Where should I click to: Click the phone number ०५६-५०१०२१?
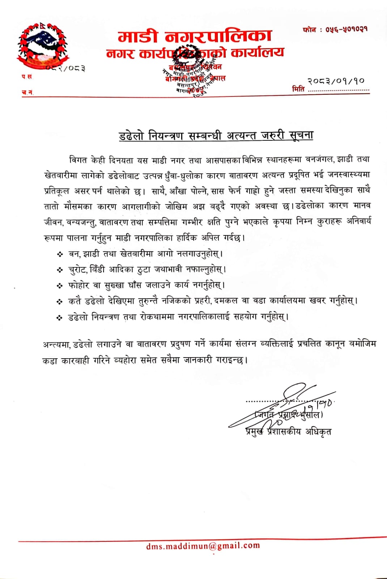346,29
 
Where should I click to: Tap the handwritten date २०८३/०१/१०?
336,81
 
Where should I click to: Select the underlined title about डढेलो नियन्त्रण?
216,135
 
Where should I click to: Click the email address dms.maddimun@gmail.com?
203,546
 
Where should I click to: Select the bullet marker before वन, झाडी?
60,254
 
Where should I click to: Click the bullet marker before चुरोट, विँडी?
60,270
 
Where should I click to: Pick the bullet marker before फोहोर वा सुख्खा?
60,286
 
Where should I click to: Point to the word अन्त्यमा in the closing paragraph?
56,344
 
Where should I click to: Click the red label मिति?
298,89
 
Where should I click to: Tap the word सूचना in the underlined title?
301,135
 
